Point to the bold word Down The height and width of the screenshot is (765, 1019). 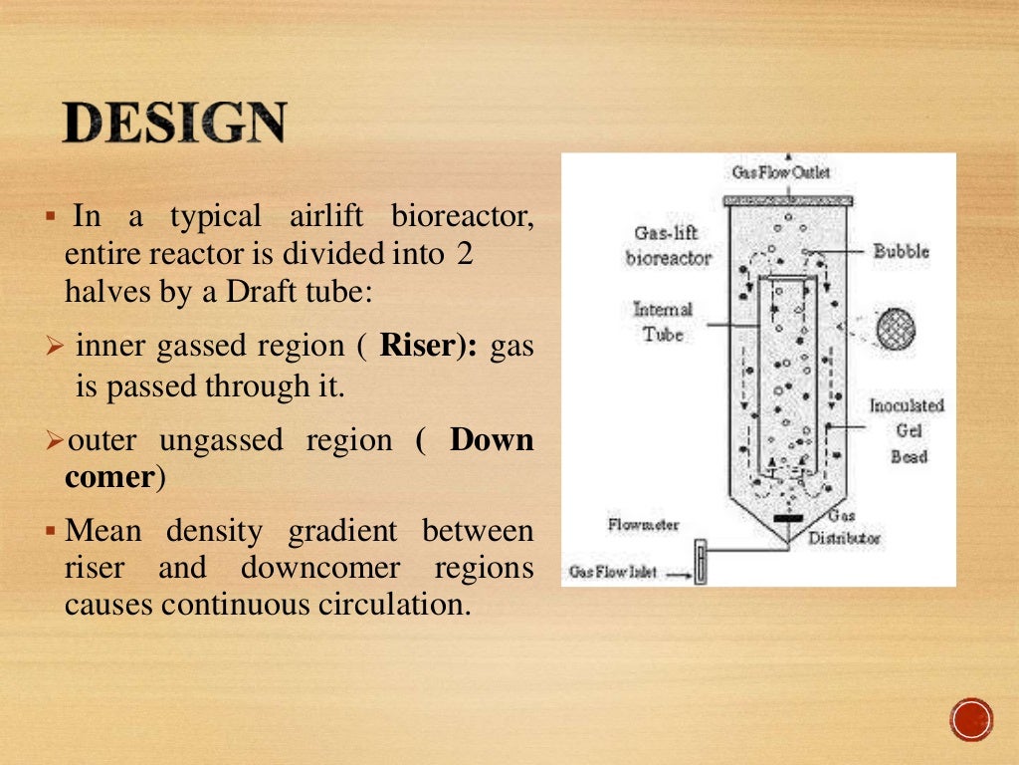491,439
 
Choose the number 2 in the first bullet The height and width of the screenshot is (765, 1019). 464,254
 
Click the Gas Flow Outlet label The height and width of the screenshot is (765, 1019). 781,172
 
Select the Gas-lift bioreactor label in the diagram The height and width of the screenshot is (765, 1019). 668,245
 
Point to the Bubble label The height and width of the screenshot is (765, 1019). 901,251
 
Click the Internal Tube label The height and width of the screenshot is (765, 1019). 662,321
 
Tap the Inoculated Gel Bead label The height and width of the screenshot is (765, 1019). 907,430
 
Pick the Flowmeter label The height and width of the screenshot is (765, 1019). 643,524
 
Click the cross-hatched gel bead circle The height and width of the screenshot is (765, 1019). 896,329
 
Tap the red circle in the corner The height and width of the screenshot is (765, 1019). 971,718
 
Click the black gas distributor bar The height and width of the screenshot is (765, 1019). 789,518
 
